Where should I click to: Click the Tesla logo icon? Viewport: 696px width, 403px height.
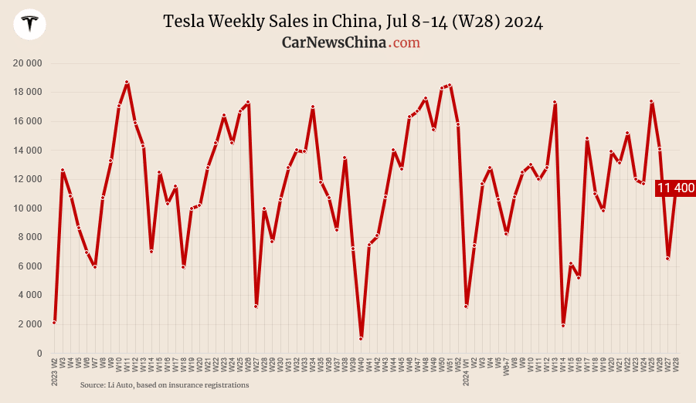click(30, 24)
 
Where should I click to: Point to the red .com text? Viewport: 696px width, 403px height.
click(405, 42)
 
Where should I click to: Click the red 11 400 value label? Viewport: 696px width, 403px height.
click(675, 188)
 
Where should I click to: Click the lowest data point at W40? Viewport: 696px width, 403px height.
click(361, 338)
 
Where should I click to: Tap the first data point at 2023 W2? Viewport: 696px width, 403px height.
click(54, 322)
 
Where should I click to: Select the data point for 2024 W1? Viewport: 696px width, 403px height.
click(466, 306)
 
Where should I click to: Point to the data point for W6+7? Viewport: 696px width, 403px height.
click(506, 233)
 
